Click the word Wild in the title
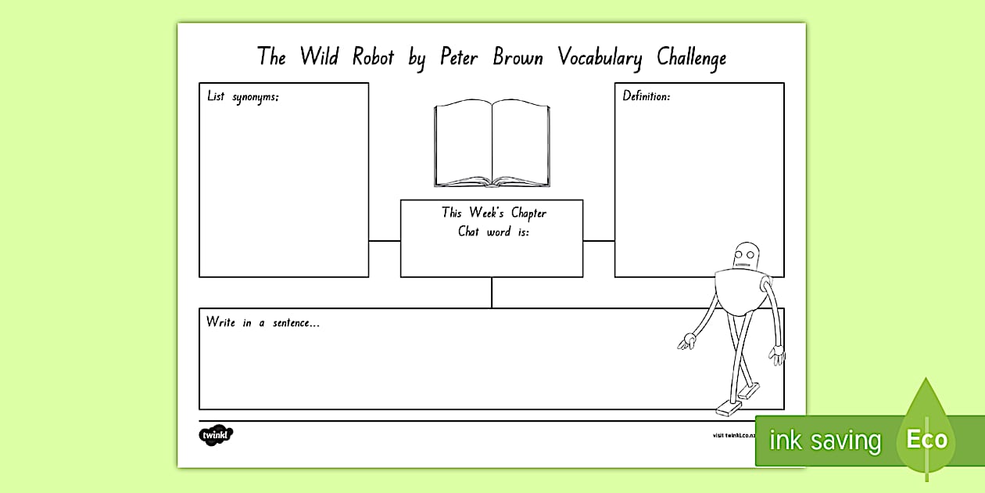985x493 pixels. (x=319, y=57)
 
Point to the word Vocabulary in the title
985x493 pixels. (x=600, y=58)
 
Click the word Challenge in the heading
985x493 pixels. (x=691, y=58)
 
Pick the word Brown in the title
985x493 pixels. (x=518, y=57)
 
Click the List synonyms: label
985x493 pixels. (x=242, y=97)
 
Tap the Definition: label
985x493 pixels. (x=646, y=96)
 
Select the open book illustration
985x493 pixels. (x=492, y=144)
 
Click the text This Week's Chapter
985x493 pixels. (x=493, y=213)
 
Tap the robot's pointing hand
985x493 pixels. (x=686, y=341)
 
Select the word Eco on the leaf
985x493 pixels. (x=926, y=439)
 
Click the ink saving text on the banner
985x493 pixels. (x=825, y=441)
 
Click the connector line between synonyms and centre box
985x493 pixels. (x=385, y=241)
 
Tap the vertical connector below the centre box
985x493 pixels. (x=492, y=293)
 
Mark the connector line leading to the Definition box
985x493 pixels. (x=599, y=241)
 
